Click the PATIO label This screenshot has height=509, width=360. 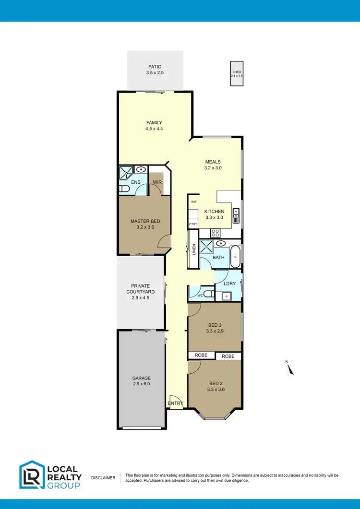154,67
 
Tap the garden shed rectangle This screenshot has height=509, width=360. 237,74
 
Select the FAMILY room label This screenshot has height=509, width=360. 154,122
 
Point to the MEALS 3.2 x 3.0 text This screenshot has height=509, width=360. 213,165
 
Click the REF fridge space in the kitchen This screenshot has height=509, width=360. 194,202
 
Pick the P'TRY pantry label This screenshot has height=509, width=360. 193,224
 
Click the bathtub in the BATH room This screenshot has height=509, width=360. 236,258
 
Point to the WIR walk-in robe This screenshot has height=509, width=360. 157,182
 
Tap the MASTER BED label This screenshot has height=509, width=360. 145,221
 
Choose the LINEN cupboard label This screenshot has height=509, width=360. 194,249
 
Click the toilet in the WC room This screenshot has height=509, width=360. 208,293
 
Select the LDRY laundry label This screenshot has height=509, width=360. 229,284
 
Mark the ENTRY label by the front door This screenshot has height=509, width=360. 175,403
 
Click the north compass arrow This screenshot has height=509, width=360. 289,368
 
